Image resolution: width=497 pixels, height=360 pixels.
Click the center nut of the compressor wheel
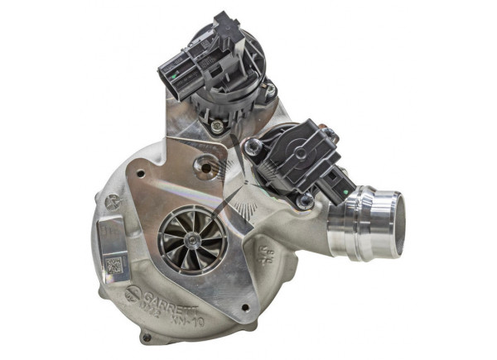pyautogui.click(x=191, y=239)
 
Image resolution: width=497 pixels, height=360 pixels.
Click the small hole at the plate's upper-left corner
pyautogui.click(x=139, y=175)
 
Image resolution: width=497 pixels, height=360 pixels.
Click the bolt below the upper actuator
pyautogui.click(x=217, y=127)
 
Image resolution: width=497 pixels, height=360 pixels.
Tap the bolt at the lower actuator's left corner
pyautogui.click(x=254, y=146)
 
